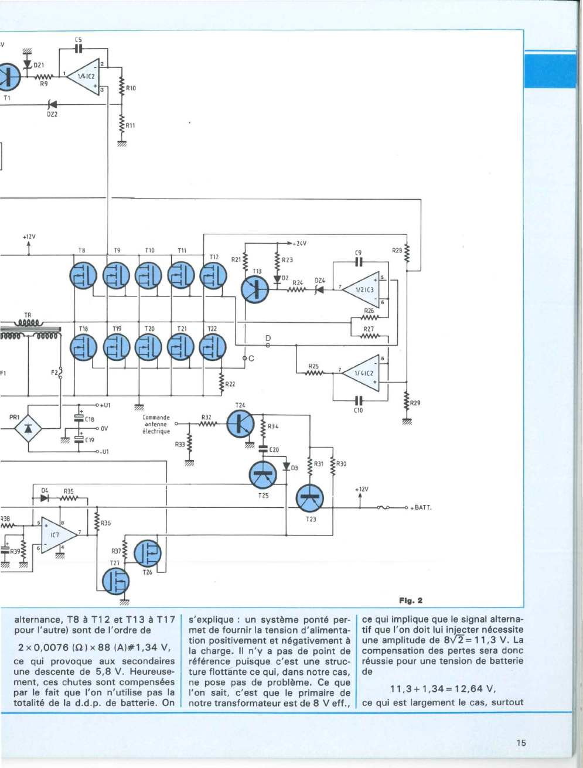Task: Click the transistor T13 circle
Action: (255, 289)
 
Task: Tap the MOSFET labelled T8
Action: (83, 275)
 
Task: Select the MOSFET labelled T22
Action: (213, 347)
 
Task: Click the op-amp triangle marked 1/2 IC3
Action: (361, 289)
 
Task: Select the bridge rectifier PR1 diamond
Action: (28, 428)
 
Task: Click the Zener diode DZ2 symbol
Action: (53, 104)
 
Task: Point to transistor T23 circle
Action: (310, 499)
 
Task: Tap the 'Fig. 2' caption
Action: (411, 600)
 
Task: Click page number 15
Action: (521, 743)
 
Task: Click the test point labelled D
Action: (268, 346)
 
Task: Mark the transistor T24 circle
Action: (240, 424)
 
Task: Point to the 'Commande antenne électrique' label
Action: (156, 424)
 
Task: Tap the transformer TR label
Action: (28, 315)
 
